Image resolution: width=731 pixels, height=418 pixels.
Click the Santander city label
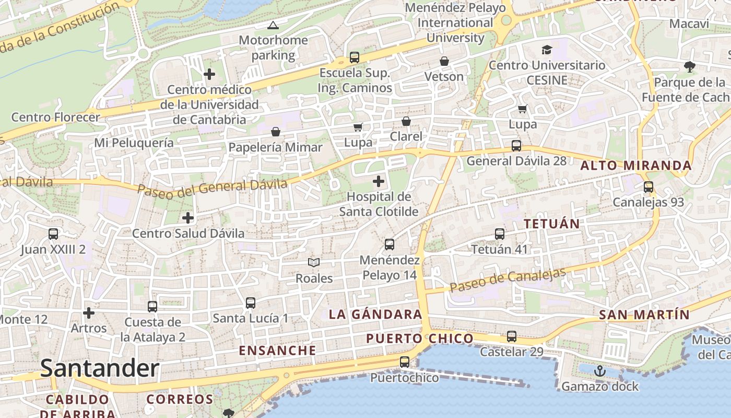99,368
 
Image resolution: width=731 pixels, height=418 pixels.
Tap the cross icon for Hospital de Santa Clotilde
379,182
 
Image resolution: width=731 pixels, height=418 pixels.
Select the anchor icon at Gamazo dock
600,371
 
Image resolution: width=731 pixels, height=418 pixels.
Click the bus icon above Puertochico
405,362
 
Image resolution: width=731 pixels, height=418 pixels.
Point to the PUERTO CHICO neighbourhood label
420,339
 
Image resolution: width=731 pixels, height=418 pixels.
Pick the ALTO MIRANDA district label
636,166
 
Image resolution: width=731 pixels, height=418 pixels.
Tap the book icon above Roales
313,262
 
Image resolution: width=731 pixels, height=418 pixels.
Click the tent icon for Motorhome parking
273,25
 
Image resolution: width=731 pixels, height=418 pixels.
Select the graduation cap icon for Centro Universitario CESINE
547,50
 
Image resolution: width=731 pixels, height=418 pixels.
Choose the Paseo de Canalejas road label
508,281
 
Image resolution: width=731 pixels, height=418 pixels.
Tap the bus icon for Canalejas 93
649,187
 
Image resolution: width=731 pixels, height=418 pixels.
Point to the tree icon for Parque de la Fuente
690,66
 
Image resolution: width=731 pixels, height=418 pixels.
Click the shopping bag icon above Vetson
444,61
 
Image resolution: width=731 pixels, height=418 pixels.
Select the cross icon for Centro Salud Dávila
188,217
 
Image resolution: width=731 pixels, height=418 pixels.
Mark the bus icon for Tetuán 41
500,234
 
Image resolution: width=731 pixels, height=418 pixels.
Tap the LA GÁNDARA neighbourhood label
375,314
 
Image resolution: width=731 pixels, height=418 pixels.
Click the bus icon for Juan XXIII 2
53,234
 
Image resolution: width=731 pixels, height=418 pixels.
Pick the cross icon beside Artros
89,313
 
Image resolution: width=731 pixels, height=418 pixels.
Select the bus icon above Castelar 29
512,336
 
